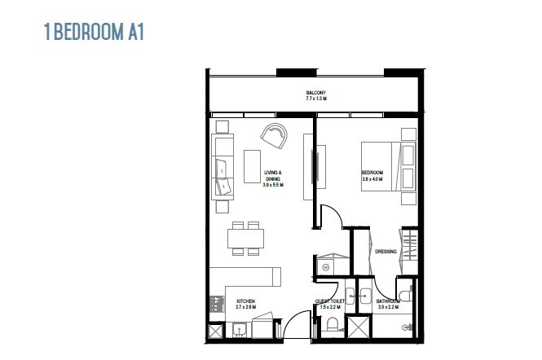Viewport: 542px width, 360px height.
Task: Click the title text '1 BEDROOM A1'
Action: point(95,32)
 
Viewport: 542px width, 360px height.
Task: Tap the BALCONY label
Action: point(316,93)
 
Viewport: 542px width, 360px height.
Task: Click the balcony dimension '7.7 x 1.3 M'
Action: point(316,99)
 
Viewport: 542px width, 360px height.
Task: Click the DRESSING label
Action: point(386,252)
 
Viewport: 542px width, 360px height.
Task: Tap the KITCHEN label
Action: point(245,301)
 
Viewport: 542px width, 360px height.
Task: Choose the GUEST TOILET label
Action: point(330,301)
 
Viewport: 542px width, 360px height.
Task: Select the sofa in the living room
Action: point(223,168)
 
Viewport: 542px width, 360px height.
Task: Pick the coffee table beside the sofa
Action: point(252,166)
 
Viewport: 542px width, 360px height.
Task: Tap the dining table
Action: point(246,238)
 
